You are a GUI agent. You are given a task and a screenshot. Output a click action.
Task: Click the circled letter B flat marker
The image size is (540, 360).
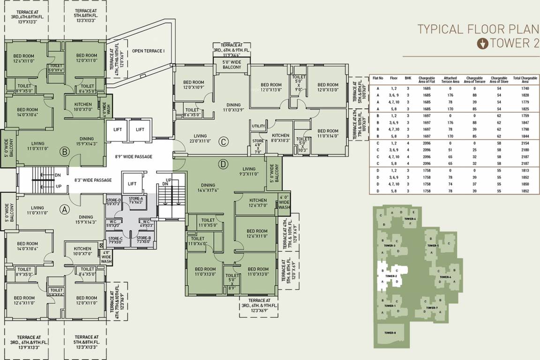(65, 151)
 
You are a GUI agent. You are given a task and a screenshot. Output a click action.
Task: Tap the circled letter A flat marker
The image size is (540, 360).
(65, 210)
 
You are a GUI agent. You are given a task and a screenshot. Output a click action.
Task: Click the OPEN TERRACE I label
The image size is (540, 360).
(148, 51)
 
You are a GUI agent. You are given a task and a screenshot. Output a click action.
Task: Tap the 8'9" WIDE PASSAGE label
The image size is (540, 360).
(134, 157)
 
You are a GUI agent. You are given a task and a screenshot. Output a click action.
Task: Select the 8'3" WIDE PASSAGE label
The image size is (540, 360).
(93, 180)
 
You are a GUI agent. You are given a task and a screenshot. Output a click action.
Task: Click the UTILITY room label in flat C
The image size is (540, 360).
(258, 126)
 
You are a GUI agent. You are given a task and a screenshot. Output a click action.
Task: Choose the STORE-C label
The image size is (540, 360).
(114, 240)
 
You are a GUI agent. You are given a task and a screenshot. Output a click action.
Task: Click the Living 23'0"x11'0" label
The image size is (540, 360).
(201, 138)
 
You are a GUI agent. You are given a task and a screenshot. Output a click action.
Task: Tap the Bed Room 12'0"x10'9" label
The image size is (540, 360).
(194, 84)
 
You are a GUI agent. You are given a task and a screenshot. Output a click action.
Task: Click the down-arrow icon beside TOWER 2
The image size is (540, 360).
(482, 44)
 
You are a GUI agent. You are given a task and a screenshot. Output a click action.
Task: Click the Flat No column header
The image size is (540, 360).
(378, 79)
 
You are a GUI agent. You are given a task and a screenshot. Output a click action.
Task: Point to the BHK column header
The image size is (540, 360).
(408, 79)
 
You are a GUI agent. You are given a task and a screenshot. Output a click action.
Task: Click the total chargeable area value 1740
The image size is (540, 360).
(525, 88)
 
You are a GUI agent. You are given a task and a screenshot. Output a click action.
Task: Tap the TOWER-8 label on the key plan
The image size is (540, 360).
(390, 333)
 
